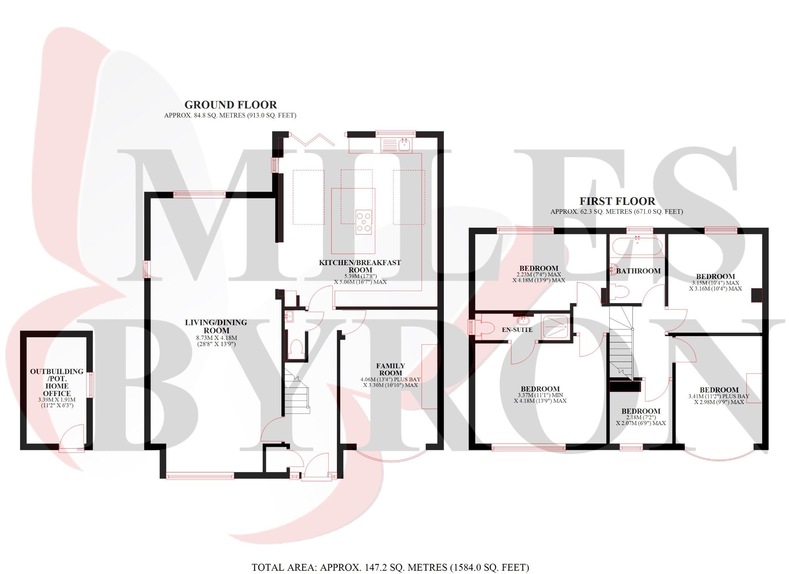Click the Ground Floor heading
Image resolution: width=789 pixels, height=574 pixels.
pyautogui.click(x=230, y=105)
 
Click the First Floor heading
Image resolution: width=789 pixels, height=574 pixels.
pyautogui.click(x=617, y=201)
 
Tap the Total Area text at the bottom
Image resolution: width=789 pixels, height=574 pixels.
pyautogui.click(x=390, y=567)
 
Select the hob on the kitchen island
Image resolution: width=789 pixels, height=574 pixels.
pyautogui.click(x=364, y=222)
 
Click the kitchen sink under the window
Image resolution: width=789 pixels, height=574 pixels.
pyautogui.click(x=405, y=145)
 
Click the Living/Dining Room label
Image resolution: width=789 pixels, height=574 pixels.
pyautogui.click(x=216, y=326)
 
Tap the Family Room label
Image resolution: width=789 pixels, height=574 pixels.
pyautogui.click(x=390, y=369)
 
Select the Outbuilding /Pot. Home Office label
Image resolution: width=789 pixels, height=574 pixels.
pyautogui.click(x=57, y=382)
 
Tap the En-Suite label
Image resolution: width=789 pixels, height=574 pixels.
pyautogui.click(x=517, y=330)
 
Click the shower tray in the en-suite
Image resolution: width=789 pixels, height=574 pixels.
pyautogui.click(x=555, y=327)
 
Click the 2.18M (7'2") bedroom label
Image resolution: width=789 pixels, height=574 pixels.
pyautogui.click(x=641, y=412)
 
